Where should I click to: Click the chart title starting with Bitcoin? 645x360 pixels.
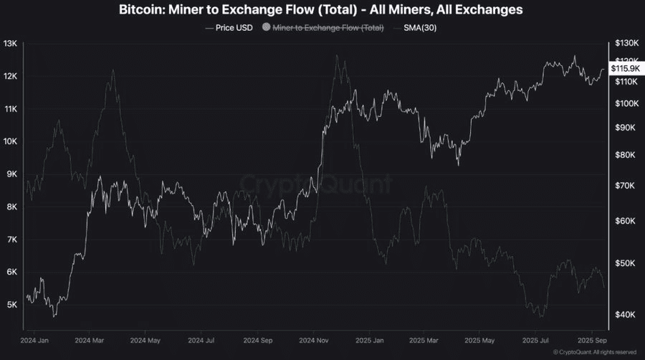[322, 10]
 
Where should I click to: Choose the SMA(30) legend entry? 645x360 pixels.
[418, 28]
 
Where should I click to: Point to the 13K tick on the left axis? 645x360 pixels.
[10, 44]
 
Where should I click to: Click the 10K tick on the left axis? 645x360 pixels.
[10, 141]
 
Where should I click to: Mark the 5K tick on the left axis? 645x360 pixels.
[11, 305]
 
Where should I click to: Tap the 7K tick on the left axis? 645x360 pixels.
[11, 240]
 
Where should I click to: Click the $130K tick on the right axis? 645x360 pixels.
[626, 44]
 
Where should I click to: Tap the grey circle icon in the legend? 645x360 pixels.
[267, 28]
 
